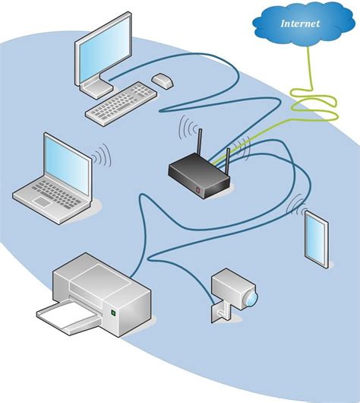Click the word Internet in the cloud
click(x=300, y=24)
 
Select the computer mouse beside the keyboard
click(x=162, y=79)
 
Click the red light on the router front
click(x=198, y=189)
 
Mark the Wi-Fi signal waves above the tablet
click(x=298, y=205)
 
